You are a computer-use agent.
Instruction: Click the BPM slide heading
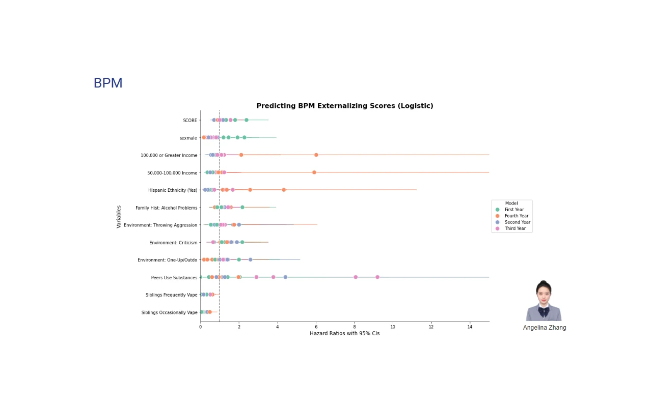pos(108,83)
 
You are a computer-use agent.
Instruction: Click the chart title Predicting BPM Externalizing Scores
pos(345,106)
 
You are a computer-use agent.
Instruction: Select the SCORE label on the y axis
pos(190,121)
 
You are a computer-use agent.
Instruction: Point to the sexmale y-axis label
pos(188,138)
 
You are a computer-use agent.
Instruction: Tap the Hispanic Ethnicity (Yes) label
pos(173,190)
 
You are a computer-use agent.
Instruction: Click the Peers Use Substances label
pos(174,278)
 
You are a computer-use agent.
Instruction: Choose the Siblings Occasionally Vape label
pos(169,312)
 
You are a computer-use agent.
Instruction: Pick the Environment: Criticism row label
pos(173,243)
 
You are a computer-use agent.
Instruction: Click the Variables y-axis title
pos(119,217)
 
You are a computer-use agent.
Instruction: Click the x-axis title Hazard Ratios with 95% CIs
pos(345,333)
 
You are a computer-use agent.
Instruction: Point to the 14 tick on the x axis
pos(470,326)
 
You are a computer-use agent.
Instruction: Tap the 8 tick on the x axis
pos(355,326)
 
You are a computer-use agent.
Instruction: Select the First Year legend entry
pos(514,210)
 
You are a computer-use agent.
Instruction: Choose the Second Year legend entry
pos(517,222)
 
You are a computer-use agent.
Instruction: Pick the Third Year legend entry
pos(515,228)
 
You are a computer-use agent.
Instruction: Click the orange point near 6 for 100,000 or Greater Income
pos(316,155)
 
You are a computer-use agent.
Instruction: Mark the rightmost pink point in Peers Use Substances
pos(377,277)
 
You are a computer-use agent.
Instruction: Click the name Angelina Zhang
pos(545,328)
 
